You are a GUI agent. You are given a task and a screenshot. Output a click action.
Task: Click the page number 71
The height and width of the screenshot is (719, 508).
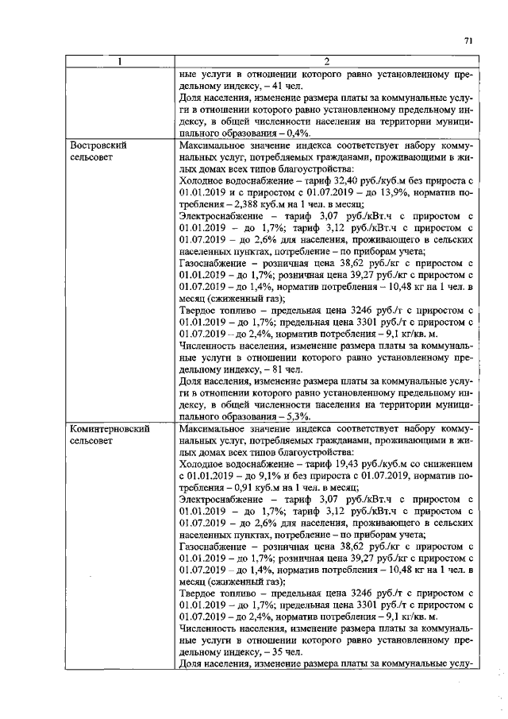468,41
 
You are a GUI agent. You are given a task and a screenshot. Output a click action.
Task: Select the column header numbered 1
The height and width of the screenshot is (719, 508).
120,62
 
